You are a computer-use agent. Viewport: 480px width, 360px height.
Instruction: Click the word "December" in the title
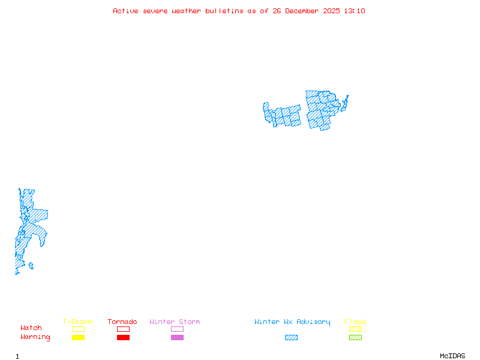[x=303, y=11]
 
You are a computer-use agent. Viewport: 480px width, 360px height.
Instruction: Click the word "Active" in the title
[x=125, y=11]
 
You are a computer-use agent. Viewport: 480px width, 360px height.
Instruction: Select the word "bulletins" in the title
[x=224, y=11]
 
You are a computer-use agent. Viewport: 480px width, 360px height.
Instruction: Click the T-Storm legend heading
[x=77, y=322]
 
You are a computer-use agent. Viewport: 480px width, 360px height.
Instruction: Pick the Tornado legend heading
[x=122, y=322]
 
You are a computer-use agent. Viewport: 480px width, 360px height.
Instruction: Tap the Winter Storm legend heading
[x=175, y=322]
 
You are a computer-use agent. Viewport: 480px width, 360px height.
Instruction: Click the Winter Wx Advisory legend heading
[x=292, y=322]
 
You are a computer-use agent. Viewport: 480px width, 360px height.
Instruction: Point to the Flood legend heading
[x=355, y=322]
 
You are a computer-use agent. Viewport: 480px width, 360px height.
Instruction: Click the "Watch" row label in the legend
[x=31, y=328]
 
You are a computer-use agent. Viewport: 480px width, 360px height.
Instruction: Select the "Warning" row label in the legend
[x=35, y=337]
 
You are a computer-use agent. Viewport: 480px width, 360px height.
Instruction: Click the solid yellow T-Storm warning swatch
[x=78, y=338]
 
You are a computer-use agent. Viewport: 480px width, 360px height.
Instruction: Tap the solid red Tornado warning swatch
[x=123, y=338]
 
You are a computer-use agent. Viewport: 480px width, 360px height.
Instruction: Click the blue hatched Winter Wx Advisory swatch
[x=291, y=338]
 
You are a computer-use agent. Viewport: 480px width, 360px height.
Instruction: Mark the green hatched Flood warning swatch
[x=355, y=338]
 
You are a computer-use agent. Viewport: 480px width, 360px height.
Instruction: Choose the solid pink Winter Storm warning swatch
[x=177, y=338]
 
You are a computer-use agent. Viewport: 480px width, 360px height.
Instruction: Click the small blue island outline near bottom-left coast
[x=31, y=265]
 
